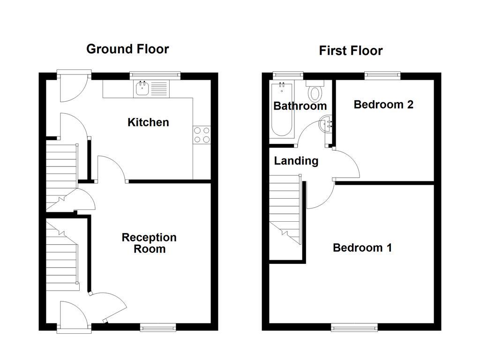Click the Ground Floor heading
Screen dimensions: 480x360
(x=127, y=49)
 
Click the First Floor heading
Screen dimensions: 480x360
(x=351, y=51)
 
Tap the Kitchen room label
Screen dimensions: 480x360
(x=148, y=122)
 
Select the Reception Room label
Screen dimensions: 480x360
(x=149, y=243)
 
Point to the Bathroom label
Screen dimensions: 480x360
(x=300, y=106)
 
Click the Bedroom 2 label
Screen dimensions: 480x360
(x=383, y=105)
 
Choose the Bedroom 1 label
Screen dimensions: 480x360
(x=362, y=247)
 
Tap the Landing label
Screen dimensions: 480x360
(x=296, y=161)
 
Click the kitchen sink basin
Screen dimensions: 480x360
(x=142, y=89)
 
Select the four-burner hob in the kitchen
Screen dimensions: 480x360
(x=202, y=135)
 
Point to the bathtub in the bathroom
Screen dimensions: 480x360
(x=282, y=110)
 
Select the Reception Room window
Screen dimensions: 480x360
(x=158, y=328)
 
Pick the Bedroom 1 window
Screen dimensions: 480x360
(x=354, y=328)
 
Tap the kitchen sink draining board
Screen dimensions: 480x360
(x=159, y=89)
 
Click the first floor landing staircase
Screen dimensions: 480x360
(x=285, y=209)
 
